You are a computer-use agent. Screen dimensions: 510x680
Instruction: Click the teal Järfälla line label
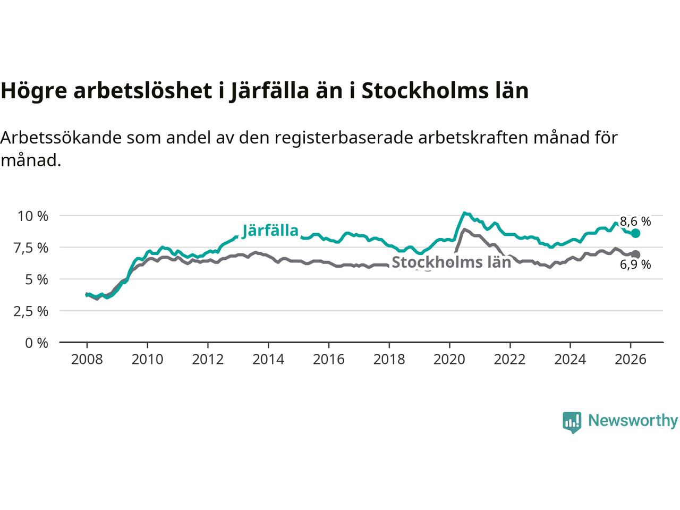click(270, 231)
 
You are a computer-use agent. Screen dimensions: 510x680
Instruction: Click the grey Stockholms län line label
click(451, 262)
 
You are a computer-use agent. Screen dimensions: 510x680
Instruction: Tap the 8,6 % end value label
click(635, 222)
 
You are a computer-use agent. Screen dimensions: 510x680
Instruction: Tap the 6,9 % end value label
click(635, 265)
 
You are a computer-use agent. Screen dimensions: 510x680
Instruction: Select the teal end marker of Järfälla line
click(636, 233)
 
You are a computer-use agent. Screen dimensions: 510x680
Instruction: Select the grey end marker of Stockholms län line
click(636, 254)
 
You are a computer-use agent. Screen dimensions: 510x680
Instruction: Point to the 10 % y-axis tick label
click(33, 216)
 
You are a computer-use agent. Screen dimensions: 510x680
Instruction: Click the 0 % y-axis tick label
click(37, 343)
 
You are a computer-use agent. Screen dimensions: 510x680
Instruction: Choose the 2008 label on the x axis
click(87, 360)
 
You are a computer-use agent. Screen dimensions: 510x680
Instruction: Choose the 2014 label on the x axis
click(268, 360)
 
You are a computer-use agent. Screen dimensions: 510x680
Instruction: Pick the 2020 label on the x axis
click(449, 360)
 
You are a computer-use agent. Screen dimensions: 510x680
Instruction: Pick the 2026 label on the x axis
click(631, 360)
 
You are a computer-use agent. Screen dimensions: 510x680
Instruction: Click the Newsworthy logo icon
click(572, 422)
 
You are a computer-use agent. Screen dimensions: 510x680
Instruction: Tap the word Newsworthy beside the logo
click(633, 421)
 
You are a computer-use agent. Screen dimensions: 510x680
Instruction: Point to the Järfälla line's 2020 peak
click(464, 213)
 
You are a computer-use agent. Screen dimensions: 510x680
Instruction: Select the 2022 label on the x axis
click(510, 360)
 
